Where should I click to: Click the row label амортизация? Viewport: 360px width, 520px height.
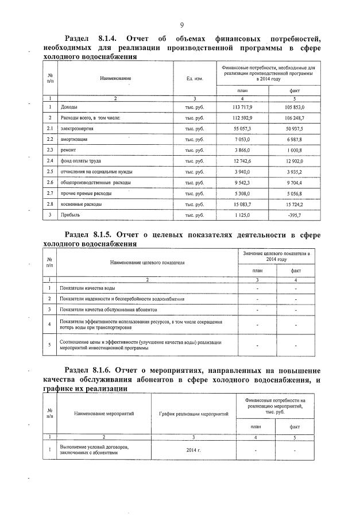coord(76,140)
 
